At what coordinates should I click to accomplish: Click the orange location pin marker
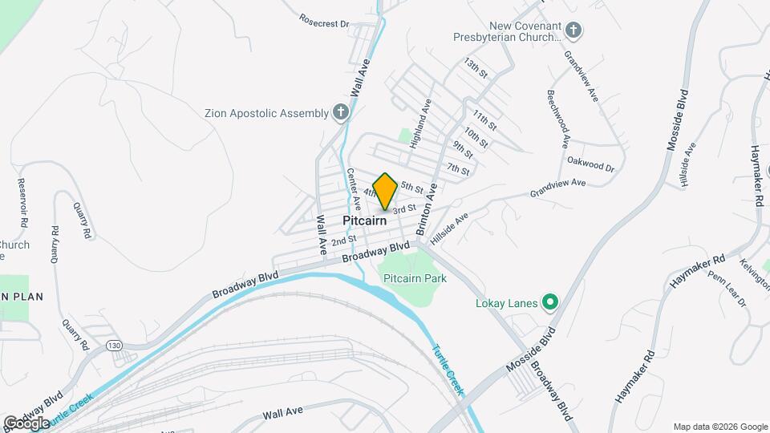tap(386, 191)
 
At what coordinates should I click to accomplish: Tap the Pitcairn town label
tap(365, 220)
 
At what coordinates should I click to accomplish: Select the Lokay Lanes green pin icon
tap(550, 302)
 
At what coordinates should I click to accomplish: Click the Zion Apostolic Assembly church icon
tap(341, 113)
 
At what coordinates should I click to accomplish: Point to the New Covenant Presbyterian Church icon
tap(573, 31)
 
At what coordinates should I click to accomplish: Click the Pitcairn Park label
tap(415, 277)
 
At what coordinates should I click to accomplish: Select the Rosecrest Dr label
tap(324, 20)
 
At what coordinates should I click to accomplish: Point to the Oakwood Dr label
tap(590, 164)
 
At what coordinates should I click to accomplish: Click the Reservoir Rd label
tap(23, 201)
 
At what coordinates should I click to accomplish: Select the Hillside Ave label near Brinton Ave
tap(449, 229)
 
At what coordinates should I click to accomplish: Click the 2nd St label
tap(343, 240)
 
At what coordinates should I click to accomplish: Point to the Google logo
tap(26, 423)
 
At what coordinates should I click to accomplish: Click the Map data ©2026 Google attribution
tap(720, 427)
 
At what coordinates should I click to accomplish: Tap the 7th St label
tap(458, 169)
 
